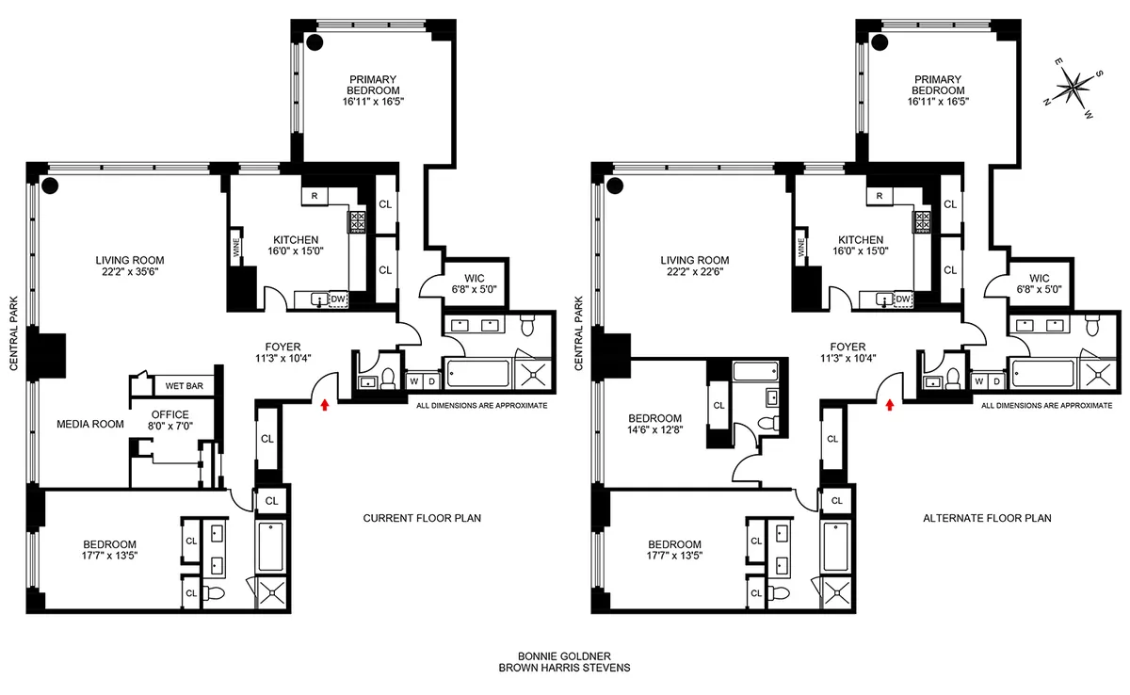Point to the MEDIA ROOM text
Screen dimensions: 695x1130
pos(90,424)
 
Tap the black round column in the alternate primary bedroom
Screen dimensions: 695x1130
pos(880,41)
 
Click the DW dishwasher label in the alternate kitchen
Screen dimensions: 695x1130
pos(902,299)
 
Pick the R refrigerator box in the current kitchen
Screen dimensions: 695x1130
pos(315,196)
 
